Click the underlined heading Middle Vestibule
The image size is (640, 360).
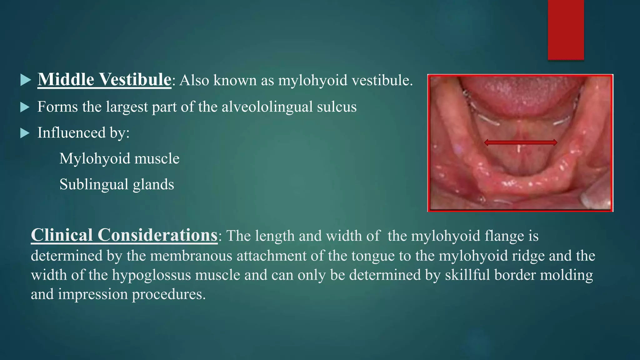(104, 79)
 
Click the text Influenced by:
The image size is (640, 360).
(83, 133)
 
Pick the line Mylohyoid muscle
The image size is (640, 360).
(119, 159)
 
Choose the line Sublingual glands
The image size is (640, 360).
(117, 184)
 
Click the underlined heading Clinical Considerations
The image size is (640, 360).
(124, 235)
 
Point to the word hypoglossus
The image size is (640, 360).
(151, 275)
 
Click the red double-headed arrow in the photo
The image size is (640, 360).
(520, 142)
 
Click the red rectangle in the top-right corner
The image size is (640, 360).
(566, 30)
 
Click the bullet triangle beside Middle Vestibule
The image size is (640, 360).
(25, 80)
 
